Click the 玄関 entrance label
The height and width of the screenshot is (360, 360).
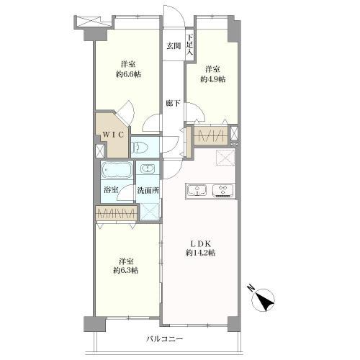click(x=174, y=45)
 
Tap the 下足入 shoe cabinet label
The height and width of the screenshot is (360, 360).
click(x=190, y=45)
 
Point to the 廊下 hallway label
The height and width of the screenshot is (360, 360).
click(x=174, y=103)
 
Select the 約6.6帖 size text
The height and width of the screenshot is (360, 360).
click(x=128, y=74)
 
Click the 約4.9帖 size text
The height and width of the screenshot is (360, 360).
click(x=213, y=79)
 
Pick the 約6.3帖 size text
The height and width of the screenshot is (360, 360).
click(x=126, y=271)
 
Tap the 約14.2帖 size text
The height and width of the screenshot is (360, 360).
click(x=200, y=253)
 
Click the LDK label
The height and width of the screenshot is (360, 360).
click(x=201, y=243)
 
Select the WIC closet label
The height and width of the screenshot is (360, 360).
click(x=113, y=135)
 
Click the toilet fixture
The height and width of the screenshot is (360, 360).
click(x=136, y=147)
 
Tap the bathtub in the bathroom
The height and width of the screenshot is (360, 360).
click(x=117, y=170)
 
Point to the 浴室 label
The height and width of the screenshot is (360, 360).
click(x=111, y=190)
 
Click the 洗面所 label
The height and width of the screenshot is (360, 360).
click(x=148, y=190)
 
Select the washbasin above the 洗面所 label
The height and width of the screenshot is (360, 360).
click(x=148, y=168)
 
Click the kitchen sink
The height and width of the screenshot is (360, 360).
click(x=197, y=190)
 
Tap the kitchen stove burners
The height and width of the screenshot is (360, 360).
click(x=223, y=189)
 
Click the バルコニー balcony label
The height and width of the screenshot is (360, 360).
click(x=165, y=339)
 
